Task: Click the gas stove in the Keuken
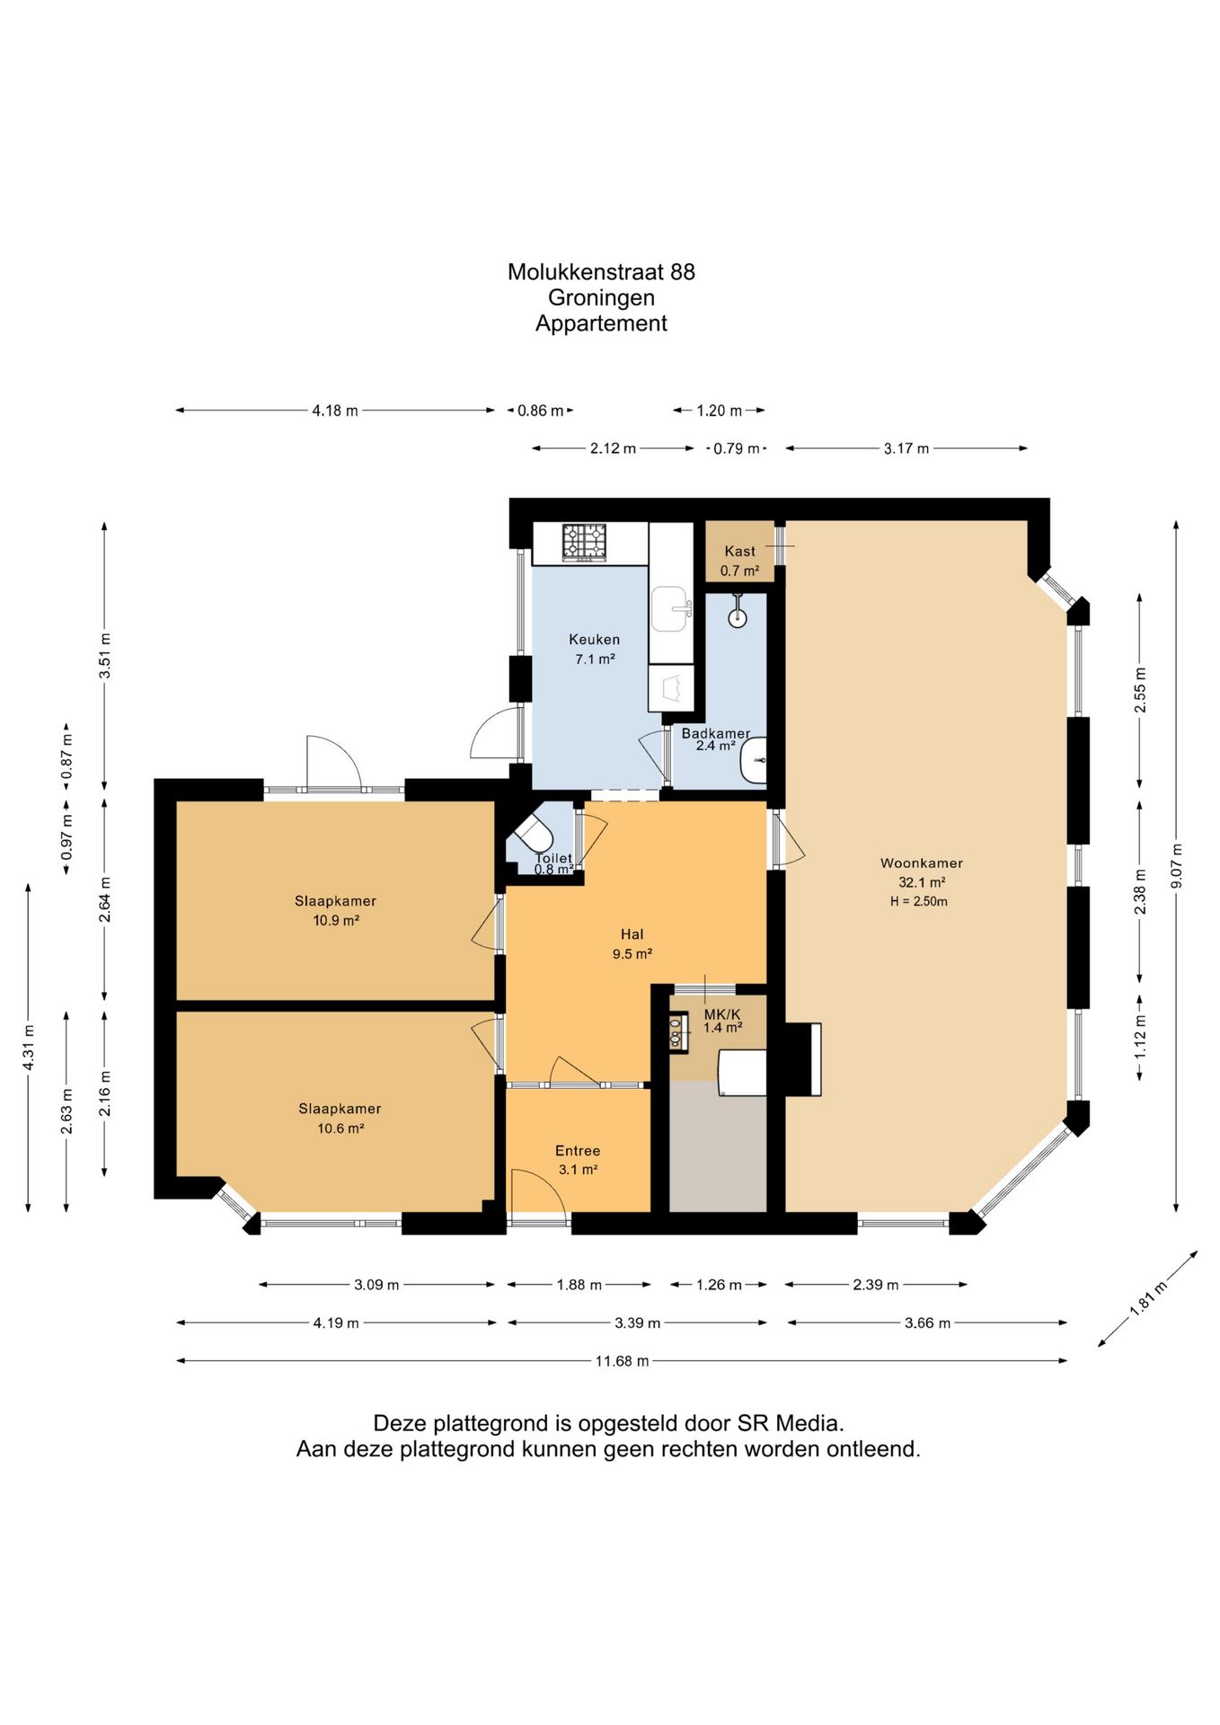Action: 584,544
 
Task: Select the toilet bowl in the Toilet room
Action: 535,834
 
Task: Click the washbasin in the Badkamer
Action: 754,761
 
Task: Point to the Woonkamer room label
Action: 921,863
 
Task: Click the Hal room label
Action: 632,934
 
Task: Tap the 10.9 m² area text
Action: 336,920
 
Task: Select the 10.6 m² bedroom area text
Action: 340,1128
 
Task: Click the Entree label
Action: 578,1151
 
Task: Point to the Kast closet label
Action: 740,552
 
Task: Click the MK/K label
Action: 722,1014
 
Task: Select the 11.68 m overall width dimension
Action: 622,1361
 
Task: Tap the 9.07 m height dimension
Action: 1177,866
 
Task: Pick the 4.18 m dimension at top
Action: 335,411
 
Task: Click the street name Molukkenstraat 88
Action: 601,272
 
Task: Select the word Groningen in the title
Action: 601,297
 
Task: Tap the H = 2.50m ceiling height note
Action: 919,901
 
